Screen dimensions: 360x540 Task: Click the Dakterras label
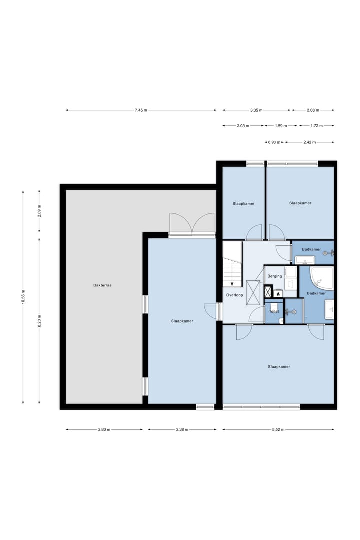(x=102, y=285)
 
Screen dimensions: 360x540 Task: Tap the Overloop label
(x=234, y=295)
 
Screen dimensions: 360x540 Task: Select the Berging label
(x=275, y=276)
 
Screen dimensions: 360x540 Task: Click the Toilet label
(x=274, y=311)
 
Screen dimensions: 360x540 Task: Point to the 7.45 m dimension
(x=141, y=110)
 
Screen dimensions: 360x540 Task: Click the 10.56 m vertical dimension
(x=23, y=297)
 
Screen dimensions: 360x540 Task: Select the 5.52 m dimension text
(x=278, y=430)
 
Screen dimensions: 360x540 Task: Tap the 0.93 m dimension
(x=274, y=142)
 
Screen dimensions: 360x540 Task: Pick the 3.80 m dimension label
(x=104, y=430)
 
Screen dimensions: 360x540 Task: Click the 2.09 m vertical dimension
(x=39, y=211)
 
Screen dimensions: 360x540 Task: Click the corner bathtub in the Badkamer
(x=322, y=278)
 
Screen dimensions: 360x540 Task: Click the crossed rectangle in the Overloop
(x=253, y=292)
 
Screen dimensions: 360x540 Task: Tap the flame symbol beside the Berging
(x=278, y=294)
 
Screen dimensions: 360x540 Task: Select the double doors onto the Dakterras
(x=192, y=224)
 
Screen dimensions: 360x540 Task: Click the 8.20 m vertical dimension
(x=39, y=321)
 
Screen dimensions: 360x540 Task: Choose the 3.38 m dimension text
(x=182, y=430)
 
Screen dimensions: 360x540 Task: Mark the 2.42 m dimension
(x=309, y=142)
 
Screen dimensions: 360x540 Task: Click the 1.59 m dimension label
(x=281, y=126)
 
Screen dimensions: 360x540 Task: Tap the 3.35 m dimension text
(x=256, y=110)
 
